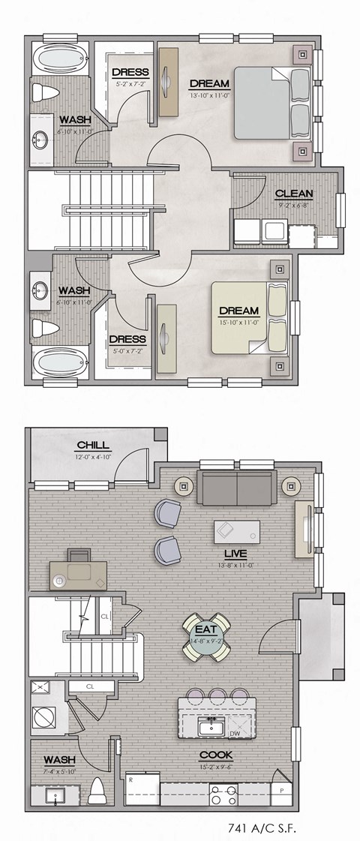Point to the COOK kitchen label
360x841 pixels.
click(216, 755)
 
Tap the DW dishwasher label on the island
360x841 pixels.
click(235, 734)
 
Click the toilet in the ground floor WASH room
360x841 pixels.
click(97, 790)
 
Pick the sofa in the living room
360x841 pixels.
click(235, 488)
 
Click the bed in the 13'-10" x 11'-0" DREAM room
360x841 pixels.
click(272, 102)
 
